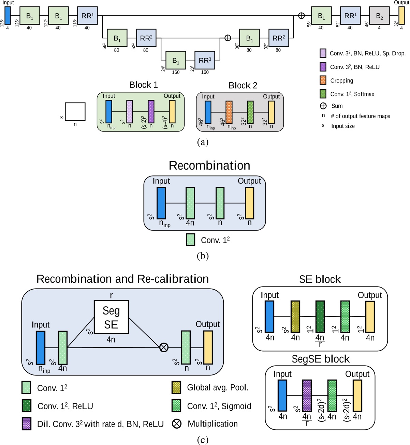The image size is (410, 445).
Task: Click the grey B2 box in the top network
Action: point(379,16)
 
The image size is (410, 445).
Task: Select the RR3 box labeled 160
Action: point(205,60)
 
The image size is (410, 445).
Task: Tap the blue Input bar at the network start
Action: point(8,16)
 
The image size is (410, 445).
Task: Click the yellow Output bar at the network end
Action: point(401,16)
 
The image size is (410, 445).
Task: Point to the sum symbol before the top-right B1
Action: point(301,16)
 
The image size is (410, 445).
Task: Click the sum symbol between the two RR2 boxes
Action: point(228,38)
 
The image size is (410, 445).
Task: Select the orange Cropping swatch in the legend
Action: point(323,80)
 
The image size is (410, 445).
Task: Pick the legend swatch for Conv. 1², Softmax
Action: point(323,94)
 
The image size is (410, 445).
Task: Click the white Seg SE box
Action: point(111,317)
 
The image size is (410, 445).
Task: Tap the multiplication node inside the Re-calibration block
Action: point(164,347)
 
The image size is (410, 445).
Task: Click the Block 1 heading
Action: point(143,85)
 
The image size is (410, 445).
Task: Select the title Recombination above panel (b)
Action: point(209,166)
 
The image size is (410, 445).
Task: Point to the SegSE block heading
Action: point(321,359)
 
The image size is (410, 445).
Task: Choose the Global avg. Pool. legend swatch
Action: point(176,387)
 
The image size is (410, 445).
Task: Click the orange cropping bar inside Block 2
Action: point(229,112)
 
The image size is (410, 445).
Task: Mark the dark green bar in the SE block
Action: point(320,316)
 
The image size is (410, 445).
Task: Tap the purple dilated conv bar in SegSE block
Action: point(307,396)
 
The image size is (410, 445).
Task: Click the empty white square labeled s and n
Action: point(75,112)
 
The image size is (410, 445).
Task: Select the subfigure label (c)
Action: point(203,440)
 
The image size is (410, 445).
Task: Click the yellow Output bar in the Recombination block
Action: point(249,203)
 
